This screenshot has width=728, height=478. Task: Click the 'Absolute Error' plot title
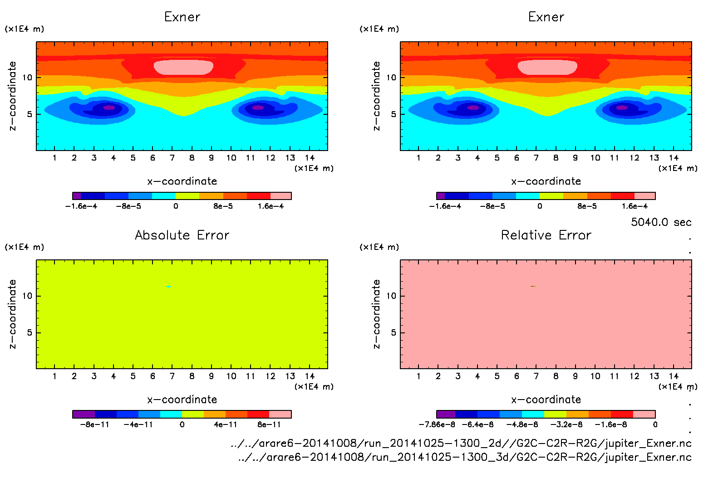(x=182, y=235)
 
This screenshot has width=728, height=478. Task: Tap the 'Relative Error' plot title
(x=546, y=235)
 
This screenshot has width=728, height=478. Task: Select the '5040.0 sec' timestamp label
(x=661, y=222)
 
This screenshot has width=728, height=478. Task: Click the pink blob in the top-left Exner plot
(x=183, y=67)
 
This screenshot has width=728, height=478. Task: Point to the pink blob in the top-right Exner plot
(x=547, y=67)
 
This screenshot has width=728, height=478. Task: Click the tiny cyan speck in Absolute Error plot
(x=169, y=287)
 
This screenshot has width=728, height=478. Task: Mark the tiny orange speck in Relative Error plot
(x=533, y=286)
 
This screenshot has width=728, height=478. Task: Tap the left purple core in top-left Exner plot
(x=109, y=107)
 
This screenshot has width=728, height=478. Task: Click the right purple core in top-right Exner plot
(x=622, y=107)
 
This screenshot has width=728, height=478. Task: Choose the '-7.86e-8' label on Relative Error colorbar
(x=437, y=424)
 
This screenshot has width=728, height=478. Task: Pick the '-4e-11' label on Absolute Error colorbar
(x=138, y=424)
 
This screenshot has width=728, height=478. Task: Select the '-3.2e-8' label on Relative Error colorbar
(x=566, y=424)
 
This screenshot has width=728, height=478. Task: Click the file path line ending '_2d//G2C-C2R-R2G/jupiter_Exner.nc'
(x=461, y=443)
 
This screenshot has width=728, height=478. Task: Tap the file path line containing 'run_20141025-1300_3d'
(x=465, y=457)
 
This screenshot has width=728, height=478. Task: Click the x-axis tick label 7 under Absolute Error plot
(x=172, y=376)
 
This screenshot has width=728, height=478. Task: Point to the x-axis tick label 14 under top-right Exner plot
(x=674, y=158)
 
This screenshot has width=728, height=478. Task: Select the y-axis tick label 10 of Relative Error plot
(x=391, y=296)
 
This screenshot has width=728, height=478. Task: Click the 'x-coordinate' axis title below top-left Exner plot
(x=182, y=181)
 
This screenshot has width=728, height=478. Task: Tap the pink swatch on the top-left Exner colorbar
(x=281, y=196)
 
